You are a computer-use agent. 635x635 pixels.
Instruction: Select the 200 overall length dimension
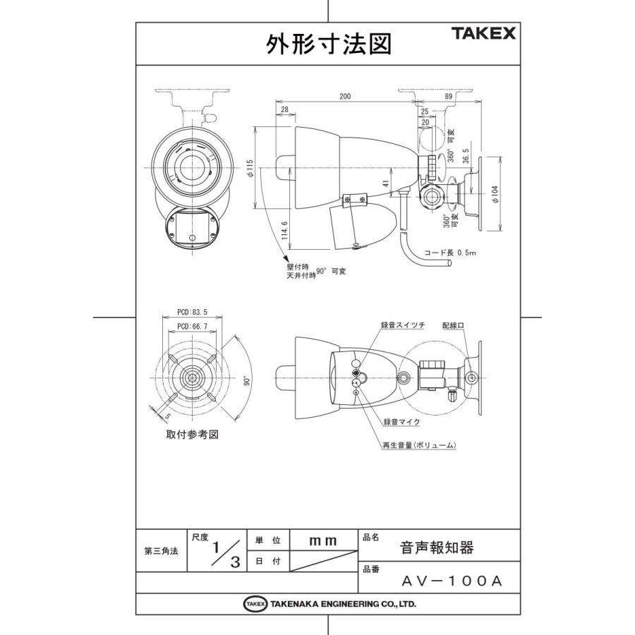click(345, 97)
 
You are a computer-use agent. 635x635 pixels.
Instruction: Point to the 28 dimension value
click(285, 110)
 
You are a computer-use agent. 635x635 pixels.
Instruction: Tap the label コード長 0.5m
click(451, 252)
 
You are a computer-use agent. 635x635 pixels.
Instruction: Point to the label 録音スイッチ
click(403, 325)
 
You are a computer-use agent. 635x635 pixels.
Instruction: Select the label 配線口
click(454, 325)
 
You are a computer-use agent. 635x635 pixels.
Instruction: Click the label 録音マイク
click(401, 421)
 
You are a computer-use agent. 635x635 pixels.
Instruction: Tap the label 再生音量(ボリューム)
click(418, 445)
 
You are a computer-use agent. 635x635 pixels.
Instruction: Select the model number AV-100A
click(451, 582)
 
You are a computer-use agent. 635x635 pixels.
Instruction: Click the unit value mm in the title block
click(324, 540)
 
